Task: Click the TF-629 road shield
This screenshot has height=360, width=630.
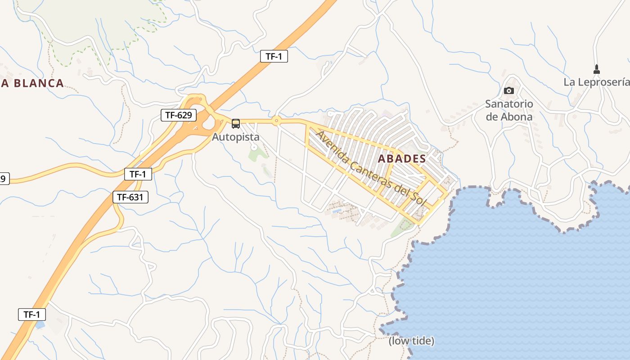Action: pos(179,115)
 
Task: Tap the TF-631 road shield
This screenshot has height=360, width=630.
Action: pos(130,197)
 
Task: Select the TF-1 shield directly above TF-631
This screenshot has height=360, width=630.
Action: pos(138,174)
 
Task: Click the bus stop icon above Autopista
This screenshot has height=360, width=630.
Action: pos(236,124)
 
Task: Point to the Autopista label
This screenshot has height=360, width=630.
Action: pos(235,136)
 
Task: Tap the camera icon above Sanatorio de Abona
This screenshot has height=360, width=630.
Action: pos(509,90)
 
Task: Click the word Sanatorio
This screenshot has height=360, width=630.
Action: pos(509,104)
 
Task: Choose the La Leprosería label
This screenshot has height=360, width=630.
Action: pos(596,82)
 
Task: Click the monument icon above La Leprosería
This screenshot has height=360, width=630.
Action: pos(597,69)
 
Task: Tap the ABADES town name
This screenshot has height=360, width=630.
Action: pos(402,158)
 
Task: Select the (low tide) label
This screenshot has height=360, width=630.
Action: pos(411,341)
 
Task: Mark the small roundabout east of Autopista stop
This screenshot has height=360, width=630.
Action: pos(276,121)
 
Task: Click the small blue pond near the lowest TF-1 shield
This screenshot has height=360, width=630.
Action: pos(40,324)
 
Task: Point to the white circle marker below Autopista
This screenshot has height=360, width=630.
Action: pos(254,147)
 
